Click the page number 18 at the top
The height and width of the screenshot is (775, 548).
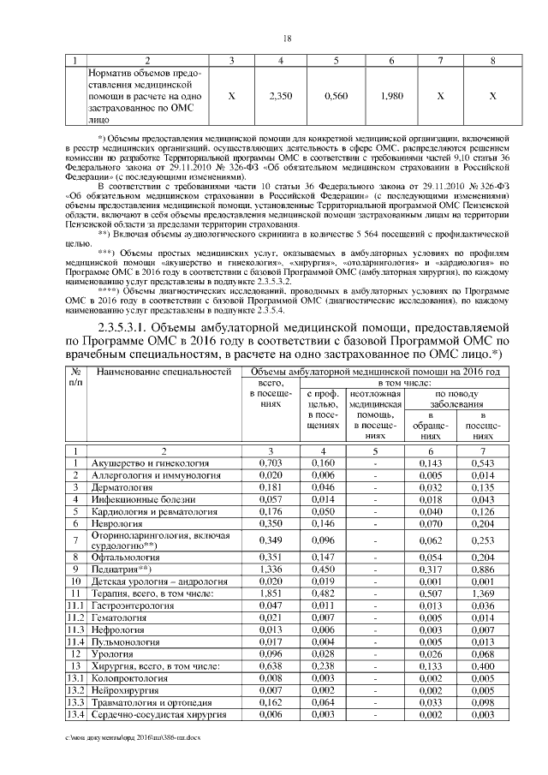[287, 39]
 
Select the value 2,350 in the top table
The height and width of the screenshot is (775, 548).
[281, 97]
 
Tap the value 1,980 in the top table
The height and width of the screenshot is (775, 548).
[390, 97]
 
